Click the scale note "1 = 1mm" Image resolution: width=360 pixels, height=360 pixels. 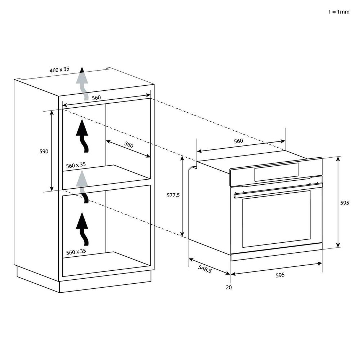coord(339,12)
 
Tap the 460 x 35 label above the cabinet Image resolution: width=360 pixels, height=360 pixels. coord(59,69)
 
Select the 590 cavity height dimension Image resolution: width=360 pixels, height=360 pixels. coord(44,151)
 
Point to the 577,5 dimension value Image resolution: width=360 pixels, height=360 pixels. coord(173,195)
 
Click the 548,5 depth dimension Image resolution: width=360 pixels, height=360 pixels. coord(204,269)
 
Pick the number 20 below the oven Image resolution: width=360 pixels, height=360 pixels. coord(229,287)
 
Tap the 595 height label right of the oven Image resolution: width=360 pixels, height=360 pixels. coord(345,203)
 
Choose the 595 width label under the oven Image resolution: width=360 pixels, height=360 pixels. coord(280,275)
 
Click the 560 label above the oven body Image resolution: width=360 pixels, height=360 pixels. coord(238,141)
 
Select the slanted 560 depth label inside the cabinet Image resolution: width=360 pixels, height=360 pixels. coord(129,144)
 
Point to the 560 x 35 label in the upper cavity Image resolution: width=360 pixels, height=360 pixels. coord(76,165)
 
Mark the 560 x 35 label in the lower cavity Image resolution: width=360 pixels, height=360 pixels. coord(76,252)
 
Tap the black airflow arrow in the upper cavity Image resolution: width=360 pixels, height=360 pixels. coord(82,136)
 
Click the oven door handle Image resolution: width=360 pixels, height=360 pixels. coord(278,190)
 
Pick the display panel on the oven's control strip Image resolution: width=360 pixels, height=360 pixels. coord(276,172)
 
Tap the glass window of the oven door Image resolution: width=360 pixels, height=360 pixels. coord(276,219)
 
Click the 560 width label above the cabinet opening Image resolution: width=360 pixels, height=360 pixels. coord(96,98)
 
